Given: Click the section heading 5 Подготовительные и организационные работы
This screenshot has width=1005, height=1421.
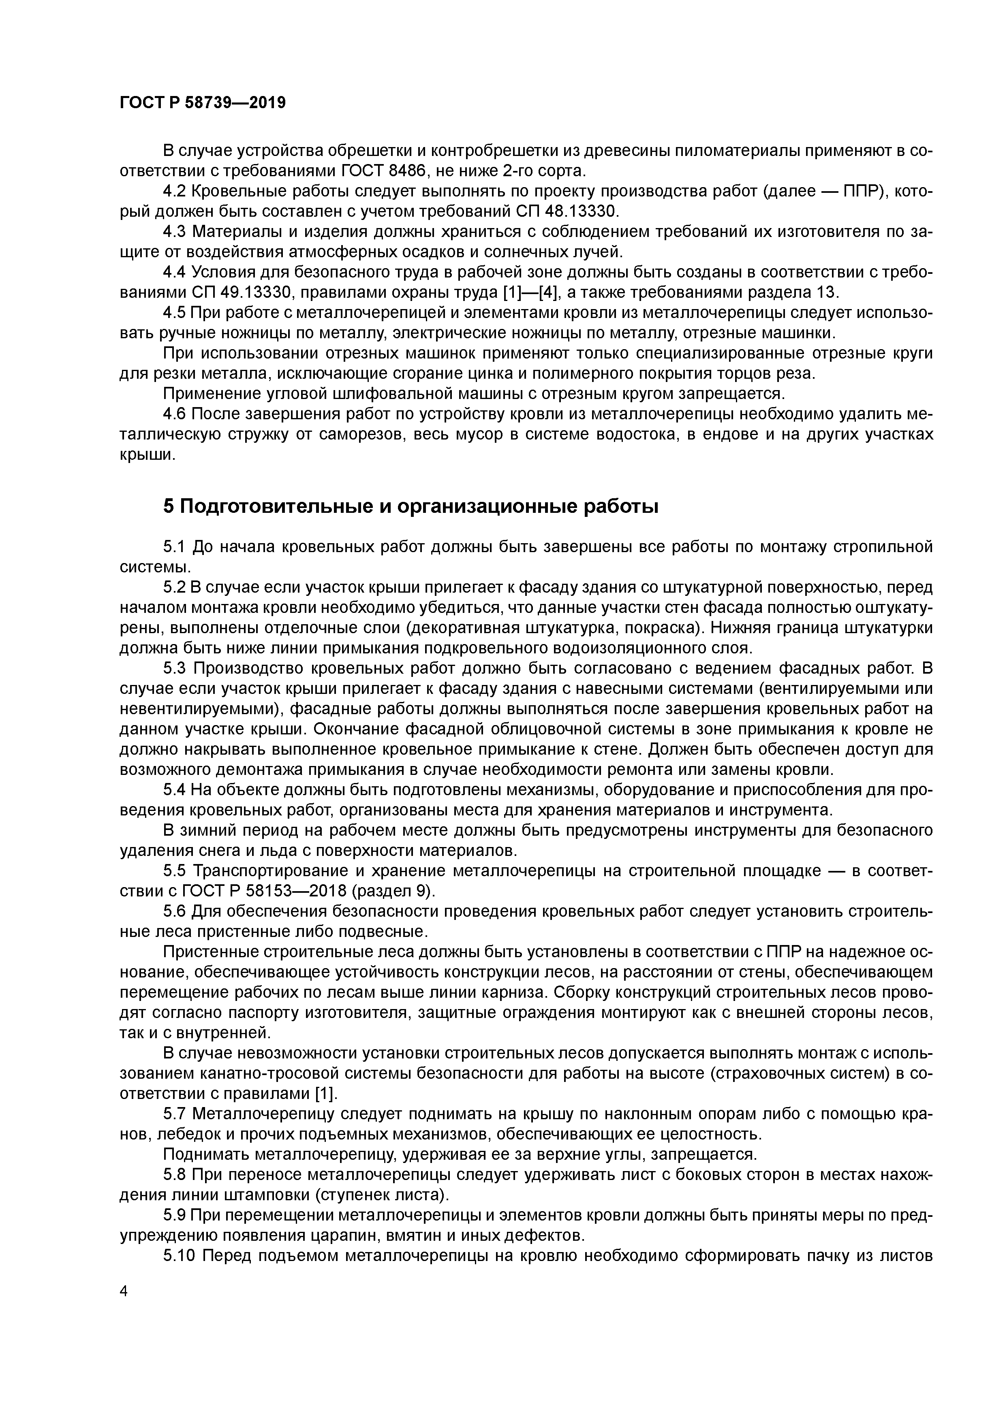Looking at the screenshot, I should pos(411,506).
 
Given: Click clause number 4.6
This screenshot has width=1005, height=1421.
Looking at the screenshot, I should pos(175,414).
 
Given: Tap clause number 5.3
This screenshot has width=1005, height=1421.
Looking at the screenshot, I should pos(175,668).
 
